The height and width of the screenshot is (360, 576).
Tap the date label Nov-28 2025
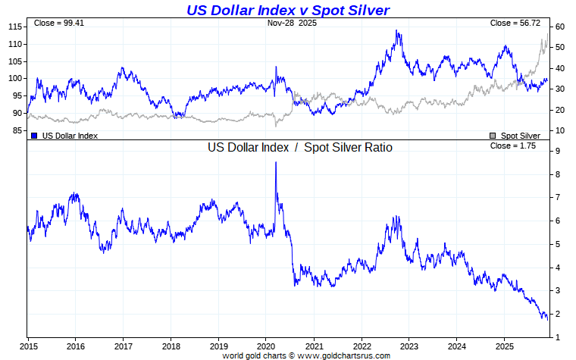point(292,23)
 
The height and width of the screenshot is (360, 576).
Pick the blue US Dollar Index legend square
point(34,136)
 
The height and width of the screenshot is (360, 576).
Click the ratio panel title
point(299,148)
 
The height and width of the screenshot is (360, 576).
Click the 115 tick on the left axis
point(14,27)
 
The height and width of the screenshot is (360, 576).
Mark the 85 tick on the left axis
point(17,130)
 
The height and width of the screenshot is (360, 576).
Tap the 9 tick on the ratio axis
point(557,152)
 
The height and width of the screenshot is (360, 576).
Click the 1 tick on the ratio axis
point(557,337)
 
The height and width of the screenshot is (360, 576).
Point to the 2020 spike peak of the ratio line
point(275,163)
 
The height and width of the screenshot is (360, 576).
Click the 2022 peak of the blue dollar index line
point(397,31)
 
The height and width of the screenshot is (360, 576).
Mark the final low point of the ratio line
point(547,319)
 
